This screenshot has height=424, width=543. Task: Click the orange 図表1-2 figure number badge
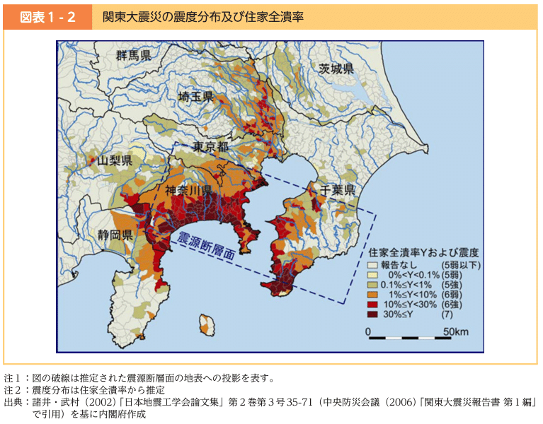click(x=47, y=17)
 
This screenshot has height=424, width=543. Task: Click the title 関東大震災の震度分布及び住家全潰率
click(x=202, y=17)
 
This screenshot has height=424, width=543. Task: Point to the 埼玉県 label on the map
click(x=196, y=98)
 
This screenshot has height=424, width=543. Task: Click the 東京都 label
click(x=211, y=146)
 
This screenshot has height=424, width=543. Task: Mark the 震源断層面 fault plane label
click(x=206, y=248)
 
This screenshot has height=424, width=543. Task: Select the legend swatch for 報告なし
click(x=372, y=265)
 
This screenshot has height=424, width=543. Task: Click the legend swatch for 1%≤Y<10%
click(x=372, y=294)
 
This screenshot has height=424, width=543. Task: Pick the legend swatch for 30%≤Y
click(x=372, y=314)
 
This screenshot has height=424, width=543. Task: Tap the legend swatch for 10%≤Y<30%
click(x=372, y=304)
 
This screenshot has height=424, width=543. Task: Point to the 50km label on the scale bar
click(x=456, y=331)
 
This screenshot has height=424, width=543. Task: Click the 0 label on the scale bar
click(x=369, y=331)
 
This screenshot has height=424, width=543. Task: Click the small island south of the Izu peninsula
click(x=207, y=324)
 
